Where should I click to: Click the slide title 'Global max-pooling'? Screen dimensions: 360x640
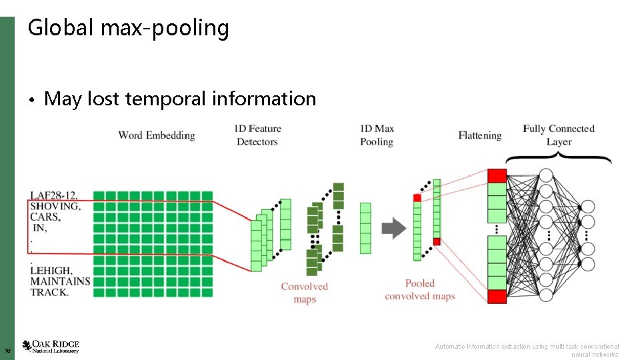tap(128, 28)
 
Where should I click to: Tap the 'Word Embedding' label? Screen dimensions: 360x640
tap(157, 135)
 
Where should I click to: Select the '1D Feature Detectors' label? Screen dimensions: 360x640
tap(257, 135)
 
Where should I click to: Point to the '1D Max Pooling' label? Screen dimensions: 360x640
tap(377, 135)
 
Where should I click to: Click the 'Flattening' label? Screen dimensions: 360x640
tap(480, 135)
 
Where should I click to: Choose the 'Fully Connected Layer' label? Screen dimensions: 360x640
tap(559, 135)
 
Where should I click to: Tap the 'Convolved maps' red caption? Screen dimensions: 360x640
tap(305, 293)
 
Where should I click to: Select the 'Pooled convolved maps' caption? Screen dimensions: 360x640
tap(420, 290)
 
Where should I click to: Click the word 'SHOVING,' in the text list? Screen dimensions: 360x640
tap(55, 207)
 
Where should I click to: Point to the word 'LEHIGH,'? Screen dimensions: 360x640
tap(51, 271)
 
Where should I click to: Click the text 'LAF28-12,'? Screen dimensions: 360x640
tap(54, 196)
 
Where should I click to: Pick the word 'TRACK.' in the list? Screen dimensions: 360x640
tap(49, 292)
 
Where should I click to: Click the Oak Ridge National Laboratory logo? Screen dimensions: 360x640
tap(51, 346)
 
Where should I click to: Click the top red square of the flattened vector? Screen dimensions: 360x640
tap(497, 175)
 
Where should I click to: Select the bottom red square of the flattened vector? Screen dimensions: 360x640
tap(497, 297)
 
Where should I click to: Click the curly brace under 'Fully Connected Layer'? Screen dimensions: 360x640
tap(559, 159)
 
